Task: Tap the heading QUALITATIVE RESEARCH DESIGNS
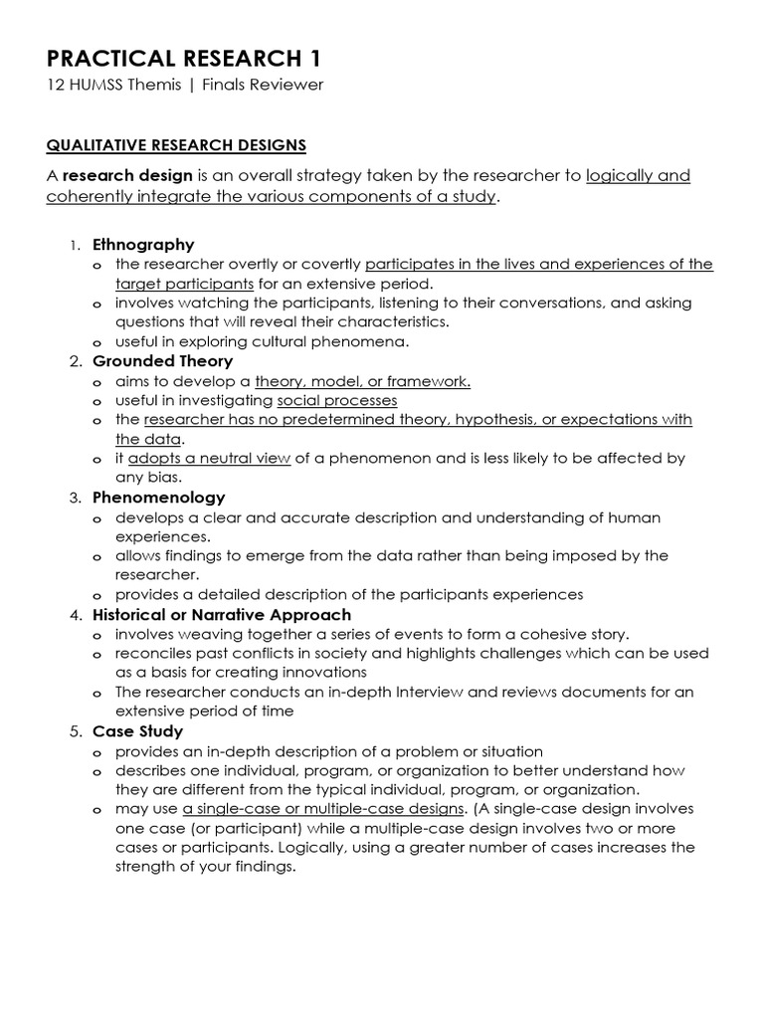point(176,145)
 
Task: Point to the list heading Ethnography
point(143,245)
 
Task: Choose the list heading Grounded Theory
point(162,361)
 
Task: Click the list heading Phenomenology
point(158,498)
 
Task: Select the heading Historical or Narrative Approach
point(221,614)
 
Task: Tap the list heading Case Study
point(137,731)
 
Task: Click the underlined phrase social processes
point(336,400)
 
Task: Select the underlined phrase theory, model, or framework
point(362,381)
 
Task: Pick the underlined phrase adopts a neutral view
point(209,459)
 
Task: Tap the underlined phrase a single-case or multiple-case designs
point(323,809)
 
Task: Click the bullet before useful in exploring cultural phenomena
point(96,342)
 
